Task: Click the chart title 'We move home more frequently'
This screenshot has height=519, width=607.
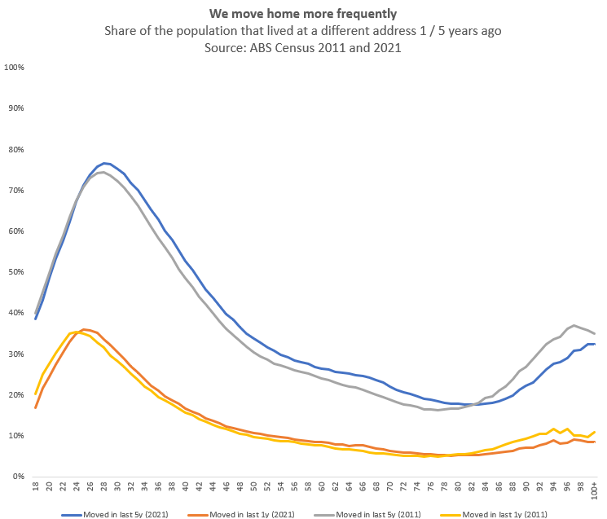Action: (x=303, y=14)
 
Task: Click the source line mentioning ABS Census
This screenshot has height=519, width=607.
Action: (x=303, y=46)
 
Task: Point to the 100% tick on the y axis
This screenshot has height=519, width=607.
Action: (x=15, y=67)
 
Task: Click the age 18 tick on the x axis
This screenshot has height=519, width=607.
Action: (x=37, y=487)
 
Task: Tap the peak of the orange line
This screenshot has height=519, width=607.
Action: (x=84, y=329)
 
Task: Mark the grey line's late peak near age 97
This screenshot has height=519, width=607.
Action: (x=574, y=325)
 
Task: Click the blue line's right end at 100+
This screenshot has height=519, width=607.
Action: (x=595, y=344)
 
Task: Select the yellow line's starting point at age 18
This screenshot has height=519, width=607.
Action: (x=37, y=394)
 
